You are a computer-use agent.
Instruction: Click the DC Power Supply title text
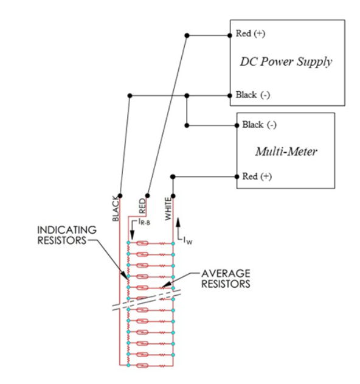coord(285,62)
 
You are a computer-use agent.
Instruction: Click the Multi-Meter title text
coord(286,152)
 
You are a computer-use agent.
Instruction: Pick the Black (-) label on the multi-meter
coord(259,125)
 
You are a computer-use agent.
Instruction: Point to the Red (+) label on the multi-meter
coord(258,176)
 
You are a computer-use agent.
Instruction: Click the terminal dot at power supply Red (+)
coord(230,35)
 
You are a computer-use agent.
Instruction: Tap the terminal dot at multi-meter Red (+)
coord(237,176)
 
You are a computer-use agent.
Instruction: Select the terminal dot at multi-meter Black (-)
coord(237,125)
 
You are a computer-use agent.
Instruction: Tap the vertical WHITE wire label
coord(168,208)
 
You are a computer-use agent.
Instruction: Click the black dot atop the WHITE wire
coord(173,196)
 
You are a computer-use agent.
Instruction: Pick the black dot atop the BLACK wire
coord(121,196)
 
